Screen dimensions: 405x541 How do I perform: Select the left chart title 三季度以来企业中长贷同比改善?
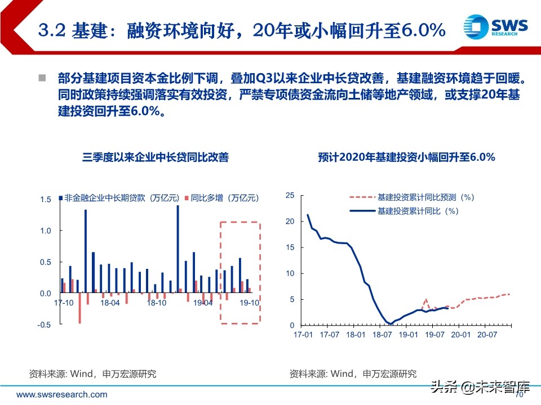tap(156, 157)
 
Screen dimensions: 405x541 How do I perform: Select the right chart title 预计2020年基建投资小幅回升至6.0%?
tap(406, 157)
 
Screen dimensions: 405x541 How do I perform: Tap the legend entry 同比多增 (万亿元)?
tap(221, 198)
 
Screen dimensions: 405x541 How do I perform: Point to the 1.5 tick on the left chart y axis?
tap(46, 200)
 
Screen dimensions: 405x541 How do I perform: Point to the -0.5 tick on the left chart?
tap(45, 325)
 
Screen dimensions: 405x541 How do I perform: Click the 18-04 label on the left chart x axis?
tap(109, 303)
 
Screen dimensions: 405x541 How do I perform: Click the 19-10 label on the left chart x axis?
tap(249, 303)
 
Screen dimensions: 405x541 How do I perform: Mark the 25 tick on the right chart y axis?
tap(291, 195)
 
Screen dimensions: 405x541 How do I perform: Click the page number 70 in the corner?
tap(520, 394)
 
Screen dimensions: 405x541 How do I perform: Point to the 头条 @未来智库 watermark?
tap(480, 387)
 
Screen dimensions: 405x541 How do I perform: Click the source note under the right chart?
tap(353, 373)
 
